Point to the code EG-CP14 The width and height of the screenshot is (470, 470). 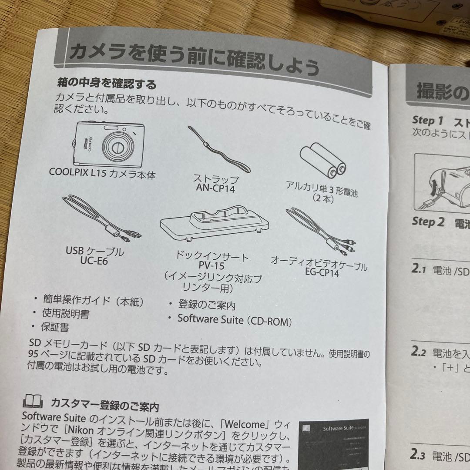pyautogui.click(x=322, y=273)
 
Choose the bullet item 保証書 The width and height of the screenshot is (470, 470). pyautogui.click(x=55, y=326)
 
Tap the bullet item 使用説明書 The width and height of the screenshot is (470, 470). pyautogui.click(x=66, y=313)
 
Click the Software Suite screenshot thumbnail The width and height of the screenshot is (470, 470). pyautogui.click(x=334, y=440)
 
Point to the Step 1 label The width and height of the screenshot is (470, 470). pyautogui.click(x=427, y=121)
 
